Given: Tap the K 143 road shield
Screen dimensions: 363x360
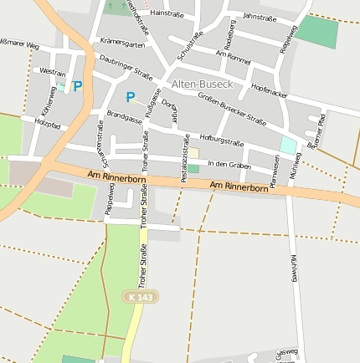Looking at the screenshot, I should click(141, 296).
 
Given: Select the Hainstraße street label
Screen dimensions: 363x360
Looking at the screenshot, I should click(167, 14).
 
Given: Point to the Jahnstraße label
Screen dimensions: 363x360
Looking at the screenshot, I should click(259, 16).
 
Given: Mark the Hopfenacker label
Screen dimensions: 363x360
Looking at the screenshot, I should click(270, 91).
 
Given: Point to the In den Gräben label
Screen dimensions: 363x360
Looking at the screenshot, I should click(229, 163).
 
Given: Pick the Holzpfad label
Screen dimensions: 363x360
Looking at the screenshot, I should click(48, 124).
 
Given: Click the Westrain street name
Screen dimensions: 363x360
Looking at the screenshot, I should click(52, 73).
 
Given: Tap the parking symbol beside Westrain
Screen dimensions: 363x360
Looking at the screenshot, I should click(78, 85).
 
